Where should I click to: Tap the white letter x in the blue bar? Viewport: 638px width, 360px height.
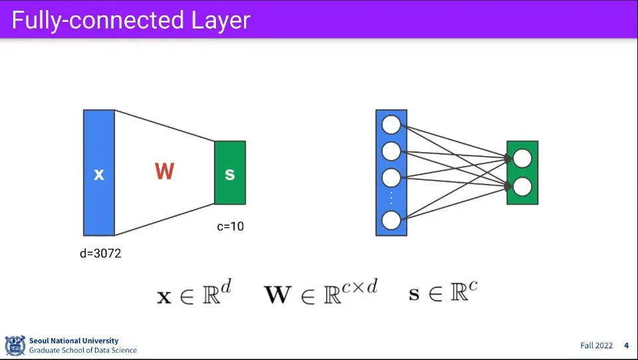99,175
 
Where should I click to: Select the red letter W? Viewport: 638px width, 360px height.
164,172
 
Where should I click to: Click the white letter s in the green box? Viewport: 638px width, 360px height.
230,174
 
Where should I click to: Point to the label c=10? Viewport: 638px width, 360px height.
231,226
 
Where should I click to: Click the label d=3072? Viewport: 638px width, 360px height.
100,253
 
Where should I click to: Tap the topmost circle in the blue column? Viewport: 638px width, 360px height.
391,124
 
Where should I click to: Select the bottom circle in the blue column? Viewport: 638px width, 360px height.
391,220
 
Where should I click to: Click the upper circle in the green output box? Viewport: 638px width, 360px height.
522,159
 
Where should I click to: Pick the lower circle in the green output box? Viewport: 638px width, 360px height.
522,187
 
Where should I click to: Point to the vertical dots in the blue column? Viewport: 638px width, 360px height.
391,199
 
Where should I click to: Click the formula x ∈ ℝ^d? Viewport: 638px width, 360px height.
193,293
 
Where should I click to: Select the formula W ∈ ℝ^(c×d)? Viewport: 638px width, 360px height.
320,292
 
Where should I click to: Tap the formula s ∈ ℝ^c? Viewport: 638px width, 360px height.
443,292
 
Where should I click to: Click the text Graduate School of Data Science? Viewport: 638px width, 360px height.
83,350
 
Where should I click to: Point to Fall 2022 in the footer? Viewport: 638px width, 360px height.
595,345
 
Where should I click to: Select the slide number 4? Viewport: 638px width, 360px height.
626,345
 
